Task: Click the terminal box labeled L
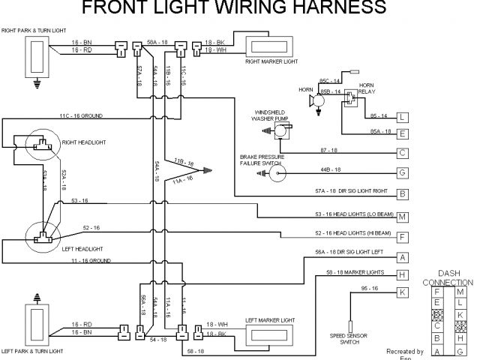point(403,117)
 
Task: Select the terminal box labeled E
point(403,134)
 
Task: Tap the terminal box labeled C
point(403,154)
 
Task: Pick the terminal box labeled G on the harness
point(403,173)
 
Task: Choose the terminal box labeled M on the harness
point(403,217)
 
